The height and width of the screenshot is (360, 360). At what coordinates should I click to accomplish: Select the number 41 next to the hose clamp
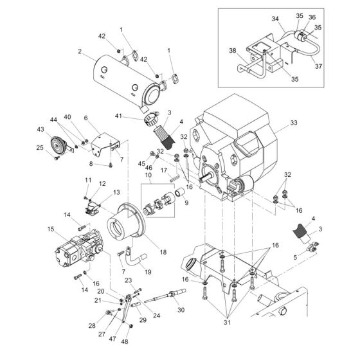point(136,115)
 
